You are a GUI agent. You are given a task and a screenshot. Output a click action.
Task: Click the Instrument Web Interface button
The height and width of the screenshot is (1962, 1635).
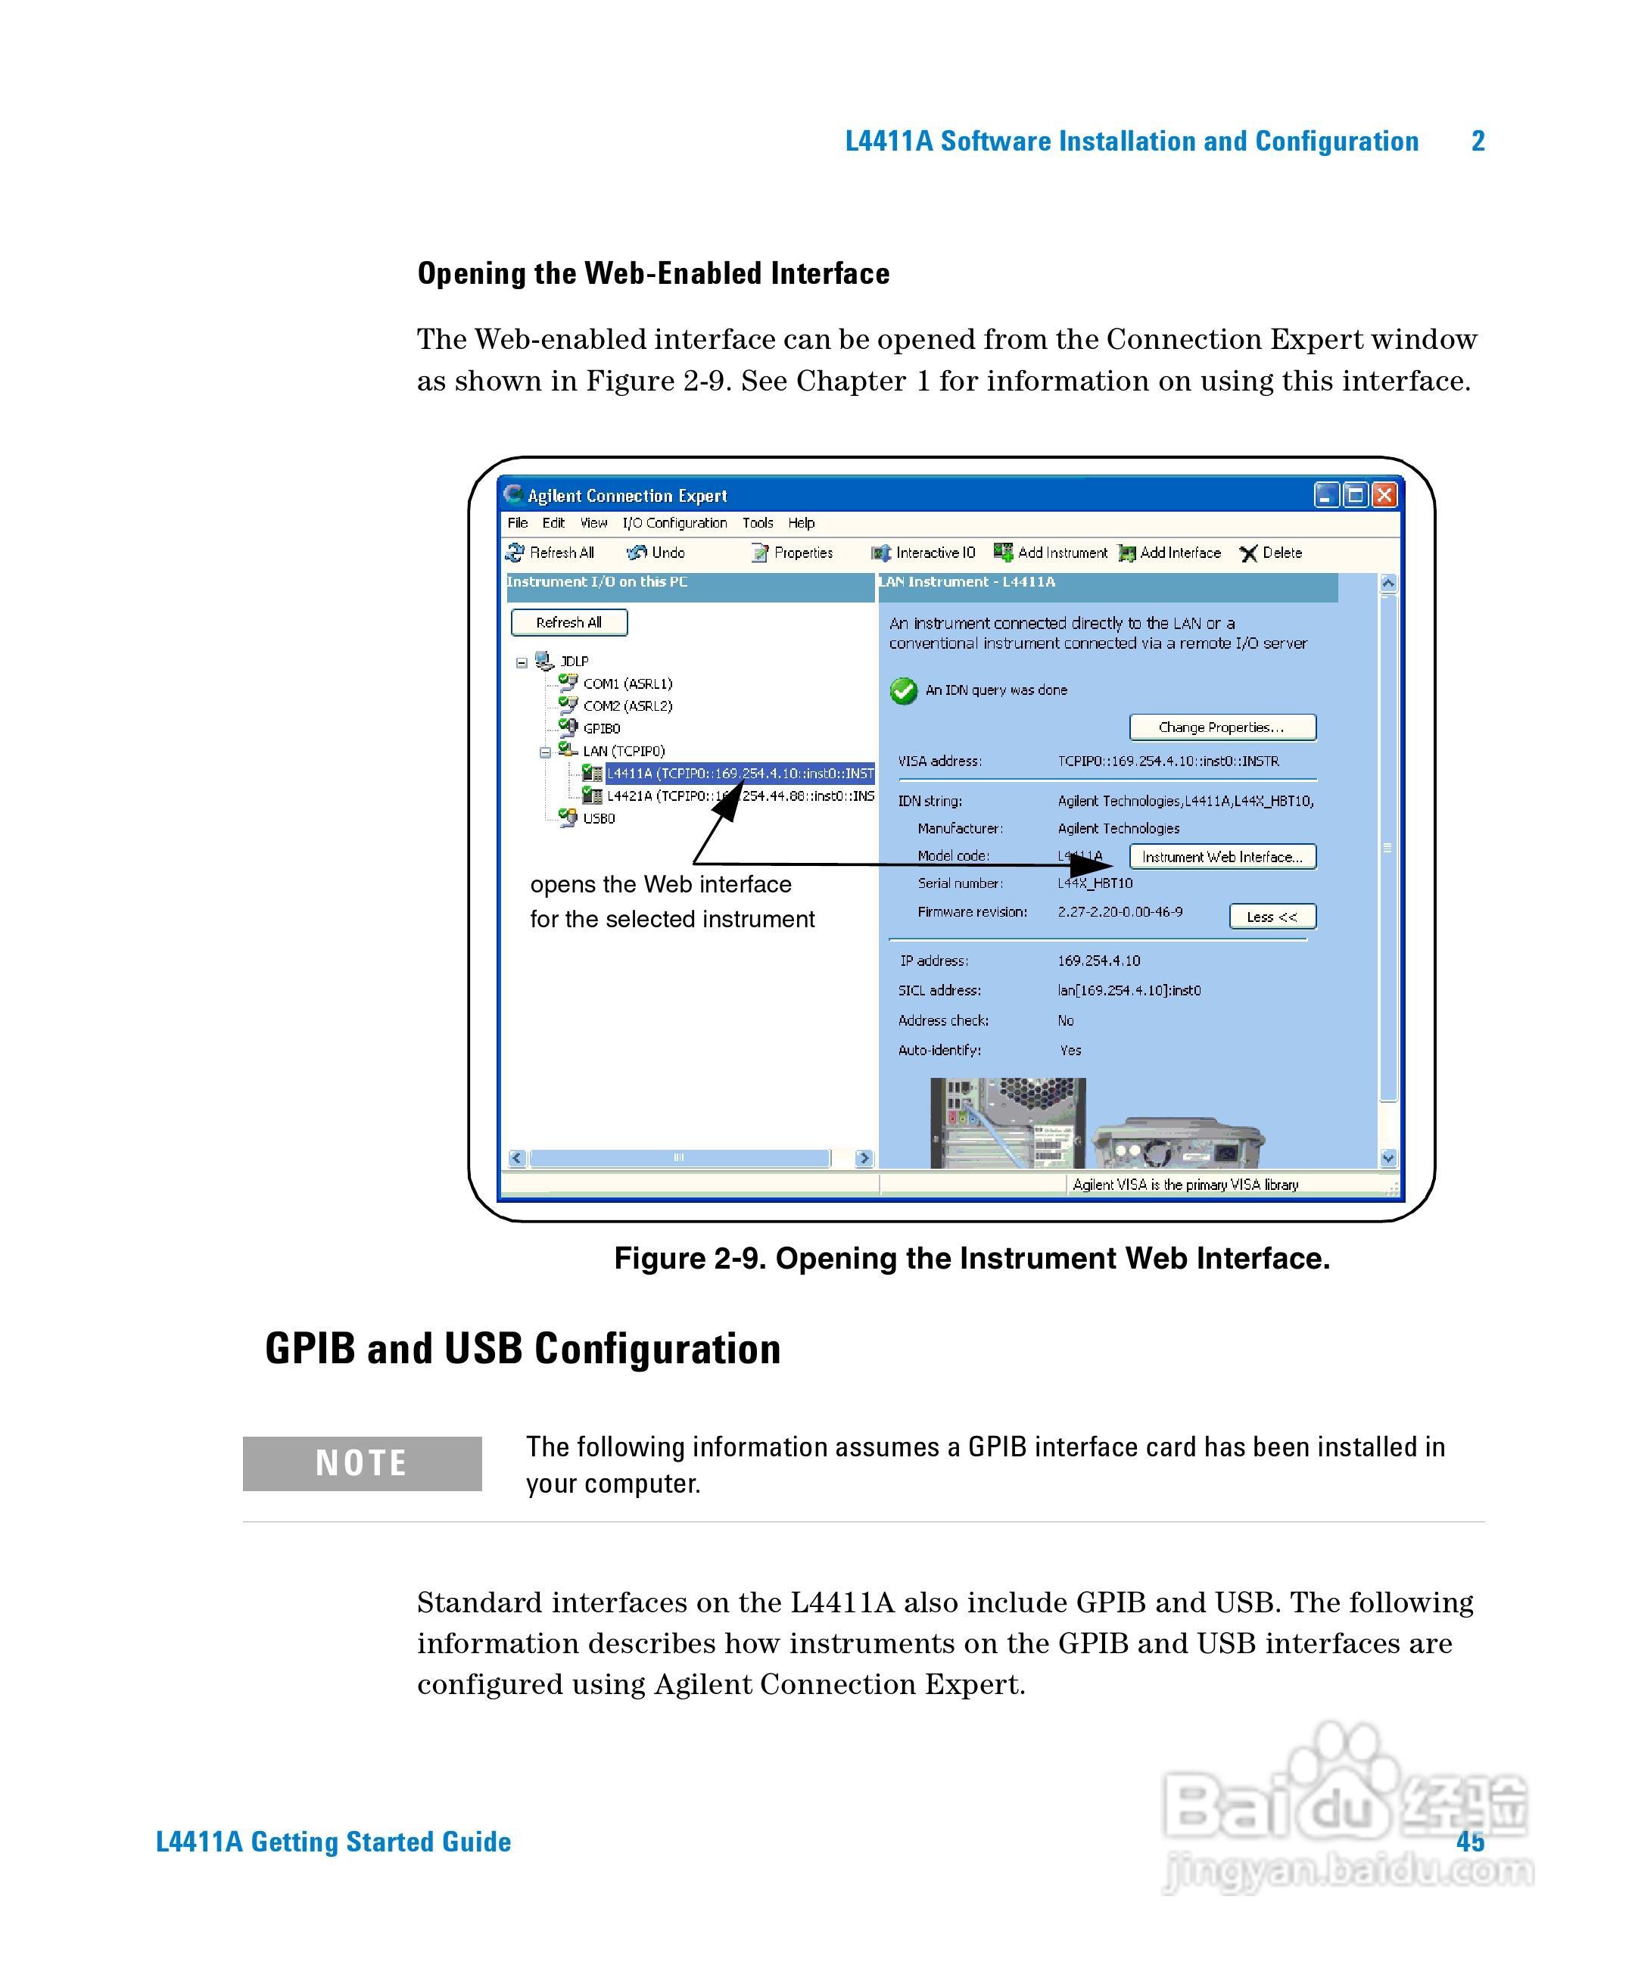1222,857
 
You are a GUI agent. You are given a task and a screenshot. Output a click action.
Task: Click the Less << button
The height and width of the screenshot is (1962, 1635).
1272,917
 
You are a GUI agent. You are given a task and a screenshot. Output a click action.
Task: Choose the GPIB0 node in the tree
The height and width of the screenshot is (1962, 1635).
601,729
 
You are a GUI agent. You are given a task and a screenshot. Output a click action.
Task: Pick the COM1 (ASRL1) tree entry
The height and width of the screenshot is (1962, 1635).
627,684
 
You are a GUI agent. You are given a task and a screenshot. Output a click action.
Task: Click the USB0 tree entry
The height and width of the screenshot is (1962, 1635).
599,818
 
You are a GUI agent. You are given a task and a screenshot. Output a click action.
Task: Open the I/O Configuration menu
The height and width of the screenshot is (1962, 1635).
674,523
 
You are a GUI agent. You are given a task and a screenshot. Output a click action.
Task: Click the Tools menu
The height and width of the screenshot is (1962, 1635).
758,523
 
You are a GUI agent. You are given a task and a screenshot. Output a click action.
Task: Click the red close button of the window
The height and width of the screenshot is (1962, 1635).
1384,494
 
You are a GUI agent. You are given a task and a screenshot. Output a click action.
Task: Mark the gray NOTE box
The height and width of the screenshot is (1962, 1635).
362,1463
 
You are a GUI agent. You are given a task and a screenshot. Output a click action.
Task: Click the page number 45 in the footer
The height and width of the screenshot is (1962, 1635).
1470,1842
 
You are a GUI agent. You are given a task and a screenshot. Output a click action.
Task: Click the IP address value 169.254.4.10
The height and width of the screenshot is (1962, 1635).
1099,961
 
